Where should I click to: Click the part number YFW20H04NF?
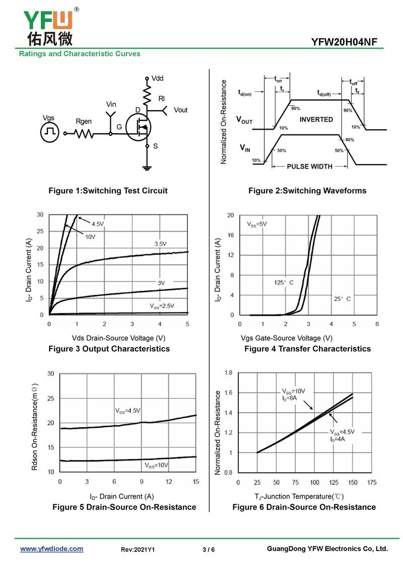tap(344, 42)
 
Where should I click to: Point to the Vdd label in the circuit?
tap(157, 78)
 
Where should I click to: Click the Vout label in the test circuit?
tap(180, 110)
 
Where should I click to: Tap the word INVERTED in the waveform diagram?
tap(316, 120)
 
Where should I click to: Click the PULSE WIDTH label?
tap(309, 167)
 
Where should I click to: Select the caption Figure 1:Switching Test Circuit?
tap(108, 191)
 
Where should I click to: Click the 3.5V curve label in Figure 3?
tap(160, 244)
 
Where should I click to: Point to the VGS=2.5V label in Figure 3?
tap(161, 305)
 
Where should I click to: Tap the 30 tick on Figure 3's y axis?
tap(40, 215)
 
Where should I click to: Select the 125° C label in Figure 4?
tap(284, 282)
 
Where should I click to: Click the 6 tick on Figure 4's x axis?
tap(377, 324)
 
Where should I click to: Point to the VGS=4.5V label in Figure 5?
tap(128, 411)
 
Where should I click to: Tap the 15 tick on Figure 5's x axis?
tap(195, 482)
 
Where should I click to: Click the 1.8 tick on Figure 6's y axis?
tap(228, 373)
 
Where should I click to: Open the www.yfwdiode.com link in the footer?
tap(51, 549)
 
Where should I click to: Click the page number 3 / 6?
tap(209, 549)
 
